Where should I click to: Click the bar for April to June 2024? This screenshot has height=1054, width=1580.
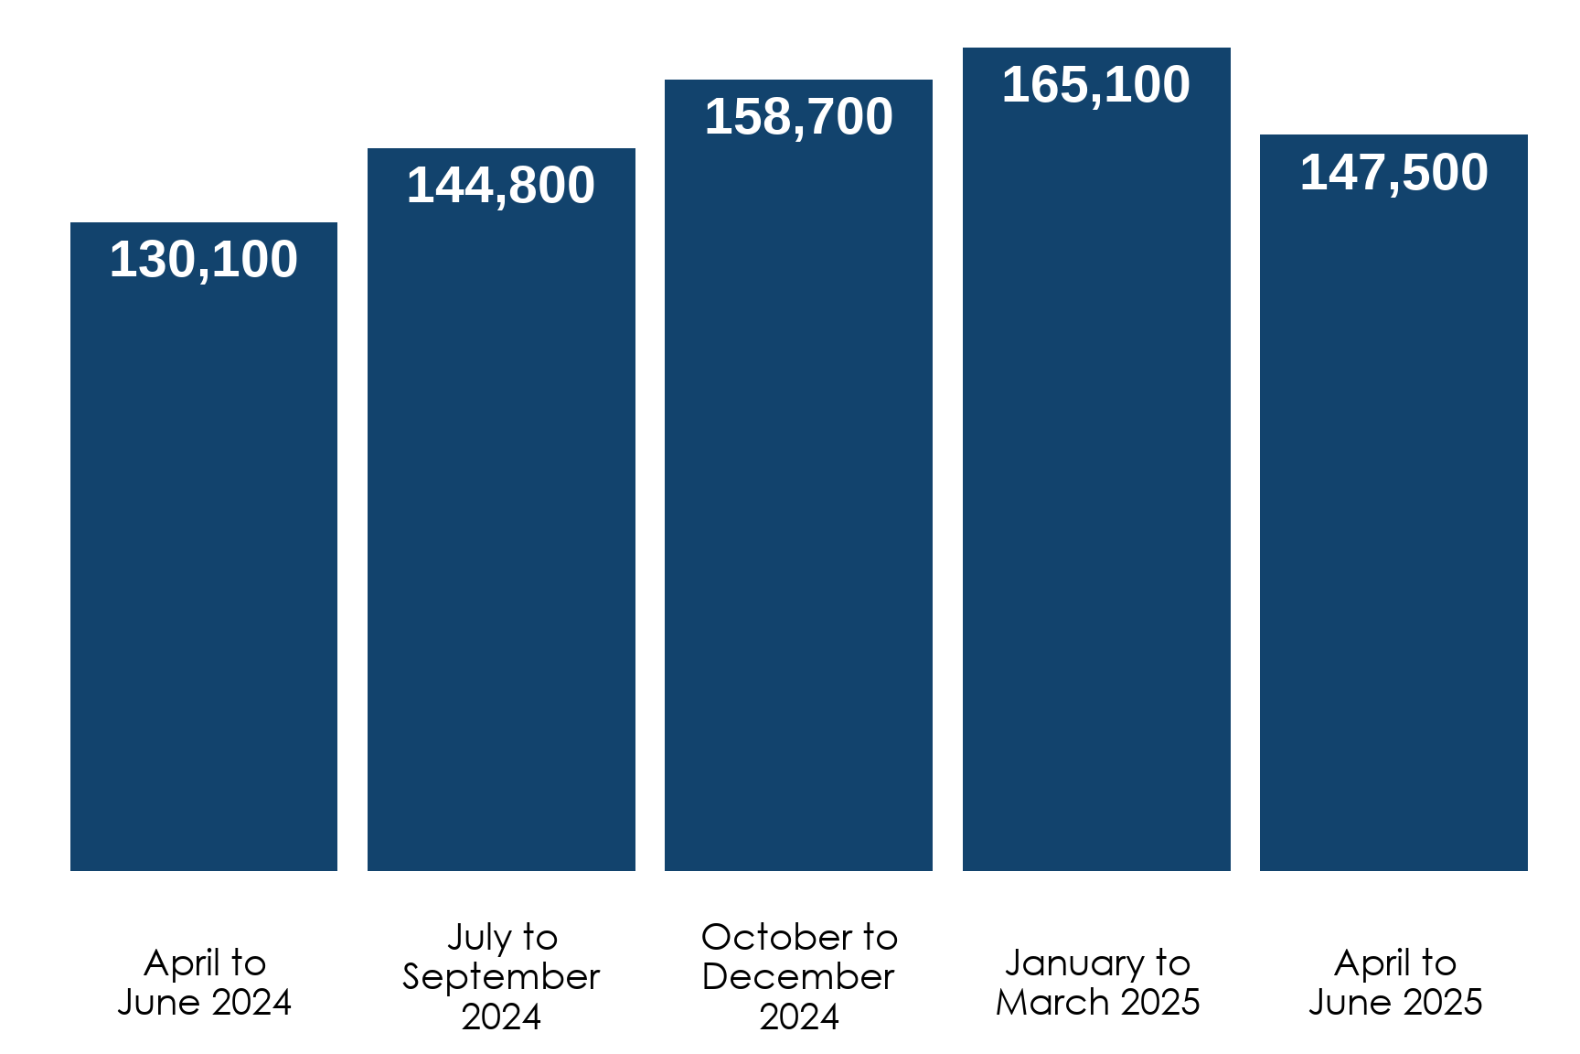pos(203,567)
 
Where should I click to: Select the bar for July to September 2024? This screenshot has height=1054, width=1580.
pos(501,531)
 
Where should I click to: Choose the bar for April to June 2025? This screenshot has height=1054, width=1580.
pos(1393,522)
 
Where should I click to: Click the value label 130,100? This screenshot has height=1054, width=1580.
pos(203,260)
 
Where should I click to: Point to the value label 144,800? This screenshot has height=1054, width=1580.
pos(501,186)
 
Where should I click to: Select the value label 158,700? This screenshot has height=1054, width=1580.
pos(798,117)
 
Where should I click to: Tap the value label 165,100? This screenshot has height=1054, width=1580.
pos(1096,85)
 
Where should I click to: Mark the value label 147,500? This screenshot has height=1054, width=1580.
pos(1393,173)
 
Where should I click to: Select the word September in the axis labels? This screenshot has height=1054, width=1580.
pos(501,977)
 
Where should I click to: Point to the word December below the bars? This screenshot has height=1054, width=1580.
pos(798,977)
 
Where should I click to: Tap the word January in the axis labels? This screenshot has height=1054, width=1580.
pos(1073,963)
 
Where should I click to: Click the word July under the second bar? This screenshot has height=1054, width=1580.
pos(478,938)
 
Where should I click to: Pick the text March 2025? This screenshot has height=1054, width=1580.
pos(1097,1003)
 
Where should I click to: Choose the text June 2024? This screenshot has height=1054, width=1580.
pos(204,1003)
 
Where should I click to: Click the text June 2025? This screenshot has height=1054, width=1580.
pos(1394,1003)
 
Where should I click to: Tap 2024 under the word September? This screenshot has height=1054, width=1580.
pos(501,1017)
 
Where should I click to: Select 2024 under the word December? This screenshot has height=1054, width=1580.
pos(798,1017)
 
